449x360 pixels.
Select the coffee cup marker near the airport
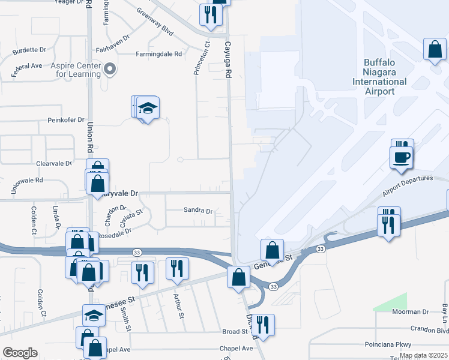[x=402, y=157]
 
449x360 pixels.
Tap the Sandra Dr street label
[x=198, y=211]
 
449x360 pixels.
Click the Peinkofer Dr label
[x=66, y=120]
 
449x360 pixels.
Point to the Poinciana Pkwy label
[x=388, y=345]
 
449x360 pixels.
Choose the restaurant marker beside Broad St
[x=262, y=325]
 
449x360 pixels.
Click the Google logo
[x=19, y=353]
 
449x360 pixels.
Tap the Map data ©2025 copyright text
[x=423, y=356]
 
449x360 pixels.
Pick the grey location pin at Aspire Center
[x=110, y=69]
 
